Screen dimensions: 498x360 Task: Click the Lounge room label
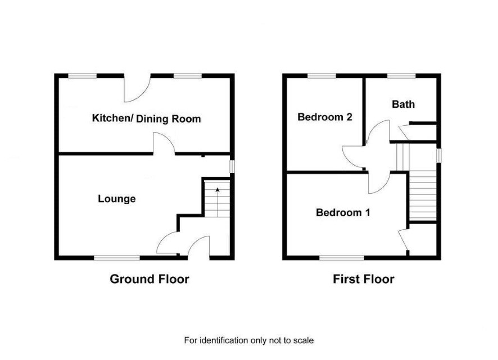[x=116, y=199]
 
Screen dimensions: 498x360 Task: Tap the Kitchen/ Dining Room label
[x=146, y=119]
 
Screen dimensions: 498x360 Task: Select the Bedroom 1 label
[x=343, y=212]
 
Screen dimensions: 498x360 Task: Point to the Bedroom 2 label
[x=325, y=117]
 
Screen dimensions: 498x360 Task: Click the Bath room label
[x=404, y=104]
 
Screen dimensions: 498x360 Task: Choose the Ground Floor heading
[x=150, y=279]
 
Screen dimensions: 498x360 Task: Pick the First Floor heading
[x=364, y=279]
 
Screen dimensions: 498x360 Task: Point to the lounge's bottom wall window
[x=117, y=258]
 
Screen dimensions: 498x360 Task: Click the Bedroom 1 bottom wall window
[x=342, y=258]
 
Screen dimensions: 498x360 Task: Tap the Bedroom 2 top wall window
[x=322, y=76]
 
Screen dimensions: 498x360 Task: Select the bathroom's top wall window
[x=401, y=76]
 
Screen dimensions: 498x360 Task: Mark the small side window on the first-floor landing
[x=439, y=156]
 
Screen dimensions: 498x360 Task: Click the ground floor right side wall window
[x=232, y=166]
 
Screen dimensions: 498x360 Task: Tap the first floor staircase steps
[x=423, y=195]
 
